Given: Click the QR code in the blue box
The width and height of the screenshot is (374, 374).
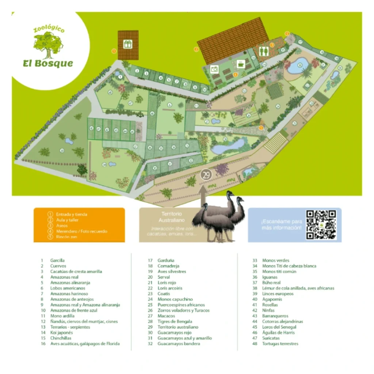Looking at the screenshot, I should coord(321,225).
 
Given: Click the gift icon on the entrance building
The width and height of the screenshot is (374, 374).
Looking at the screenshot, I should coord(127,44).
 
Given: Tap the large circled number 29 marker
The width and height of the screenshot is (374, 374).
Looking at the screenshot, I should coord(206,175).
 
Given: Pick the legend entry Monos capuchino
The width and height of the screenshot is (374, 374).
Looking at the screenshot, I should coord(175,299).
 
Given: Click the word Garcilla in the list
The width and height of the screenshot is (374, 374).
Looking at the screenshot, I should coord(57,260).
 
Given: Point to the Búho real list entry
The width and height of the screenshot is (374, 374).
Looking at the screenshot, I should coord(271,283).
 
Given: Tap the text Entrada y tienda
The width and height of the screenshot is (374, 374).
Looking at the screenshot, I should coord(72,214).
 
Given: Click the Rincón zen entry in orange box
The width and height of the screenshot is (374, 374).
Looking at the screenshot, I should coord(66,237).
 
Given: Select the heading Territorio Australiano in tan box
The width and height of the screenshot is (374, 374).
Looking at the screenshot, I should coord(172,217).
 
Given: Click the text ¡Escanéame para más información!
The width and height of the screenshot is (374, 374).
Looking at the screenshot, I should coord(282,225).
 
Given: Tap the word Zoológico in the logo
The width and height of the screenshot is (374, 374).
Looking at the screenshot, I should coord(49,29).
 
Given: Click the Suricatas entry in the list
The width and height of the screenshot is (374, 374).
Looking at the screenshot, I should coord(271,338).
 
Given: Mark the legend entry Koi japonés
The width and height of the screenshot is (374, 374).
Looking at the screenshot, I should coord(61,333).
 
